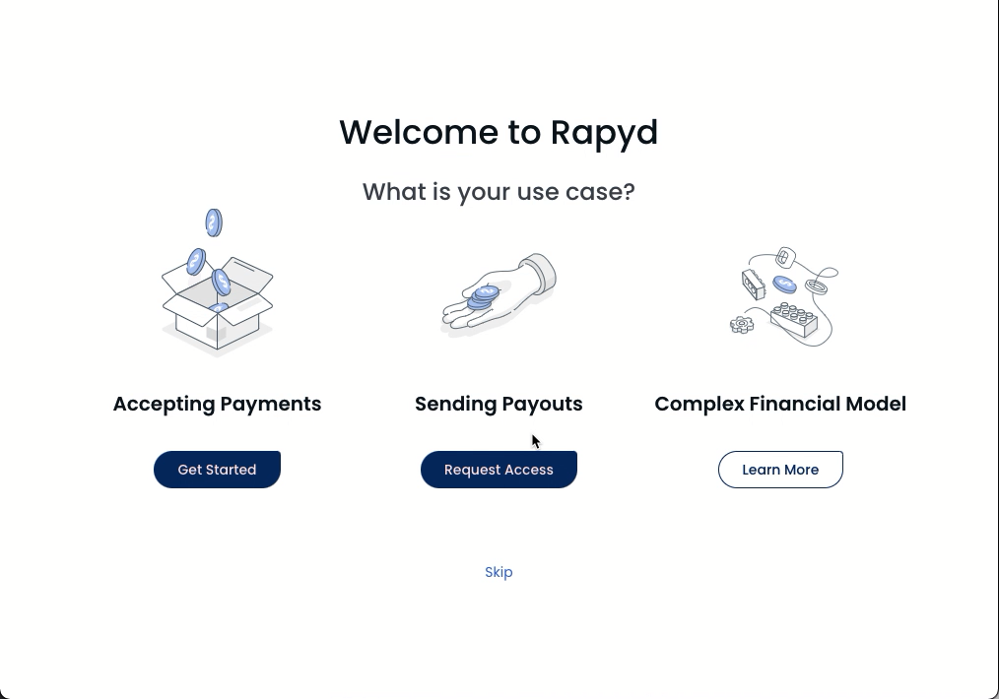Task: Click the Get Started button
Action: click(x=217, y=470)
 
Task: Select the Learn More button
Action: click(x=780, y=470)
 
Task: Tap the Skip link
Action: click(x=499, y=572)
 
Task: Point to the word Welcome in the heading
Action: click(x=419, y=132)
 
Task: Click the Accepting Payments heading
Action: click(x=218, y=405)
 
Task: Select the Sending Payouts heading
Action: click(x=499, y=405)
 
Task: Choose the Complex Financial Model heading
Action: click(x=780, y=405)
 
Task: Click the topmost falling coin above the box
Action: click(x=214, y=222)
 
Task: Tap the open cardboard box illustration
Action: click(x=218, y=305)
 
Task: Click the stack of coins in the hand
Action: click(x=483, y=298)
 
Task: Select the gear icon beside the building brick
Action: click(x=742, y=325)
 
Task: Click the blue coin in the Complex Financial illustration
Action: click(x=784, y=284)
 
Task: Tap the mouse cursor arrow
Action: click(x=536, y=441)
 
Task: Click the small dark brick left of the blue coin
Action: click(x=754, y=285)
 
